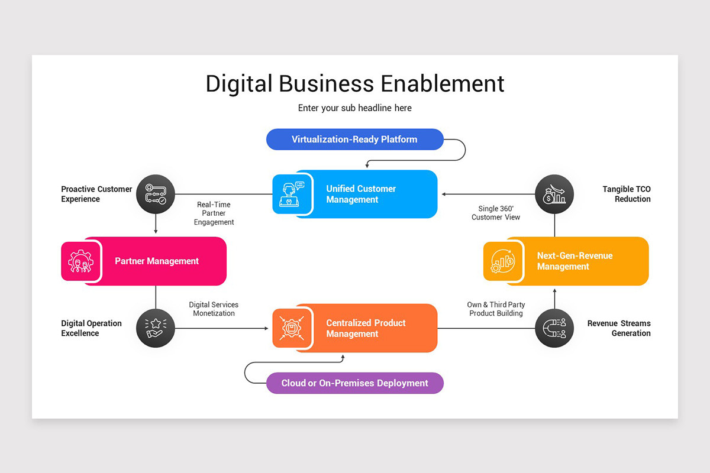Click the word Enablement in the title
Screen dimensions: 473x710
click(x=442, y=83)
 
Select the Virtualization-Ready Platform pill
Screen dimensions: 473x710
click(x=354, y=140)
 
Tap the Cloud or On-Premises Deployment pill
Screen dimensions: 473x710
click(x=354, y=383)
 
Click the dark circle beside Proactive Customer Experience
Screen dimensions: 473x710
click(x=156, y=194)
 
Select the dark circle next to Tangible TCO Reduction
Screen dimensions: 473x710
click(x=554, y=194)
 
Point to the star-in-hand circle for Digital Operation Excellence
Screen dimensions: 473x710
click(x=156, y=328)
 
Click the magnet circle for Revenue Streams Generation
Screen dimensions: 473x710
click(x=554, y=328)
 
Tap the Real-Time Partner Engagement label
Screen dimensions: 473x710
click(x=214, y=213)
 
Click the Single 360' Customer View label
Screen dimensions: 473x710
click(x=496, y=213)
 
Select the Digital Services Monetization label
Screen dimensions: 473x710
click(x=214, y=309)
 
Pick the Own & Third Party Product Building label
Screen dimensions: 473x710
click(x=496, y=309)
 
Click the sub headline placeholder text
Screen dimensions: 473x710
click(x=354, y=108)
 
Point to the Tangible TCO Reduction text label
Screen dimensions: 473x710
click(x=626, y=194)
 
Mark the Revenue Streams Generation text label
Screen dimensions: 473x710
click(x=618, y=328)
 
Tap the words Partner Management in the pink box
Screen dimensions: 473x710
click(x=157, y=261)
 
